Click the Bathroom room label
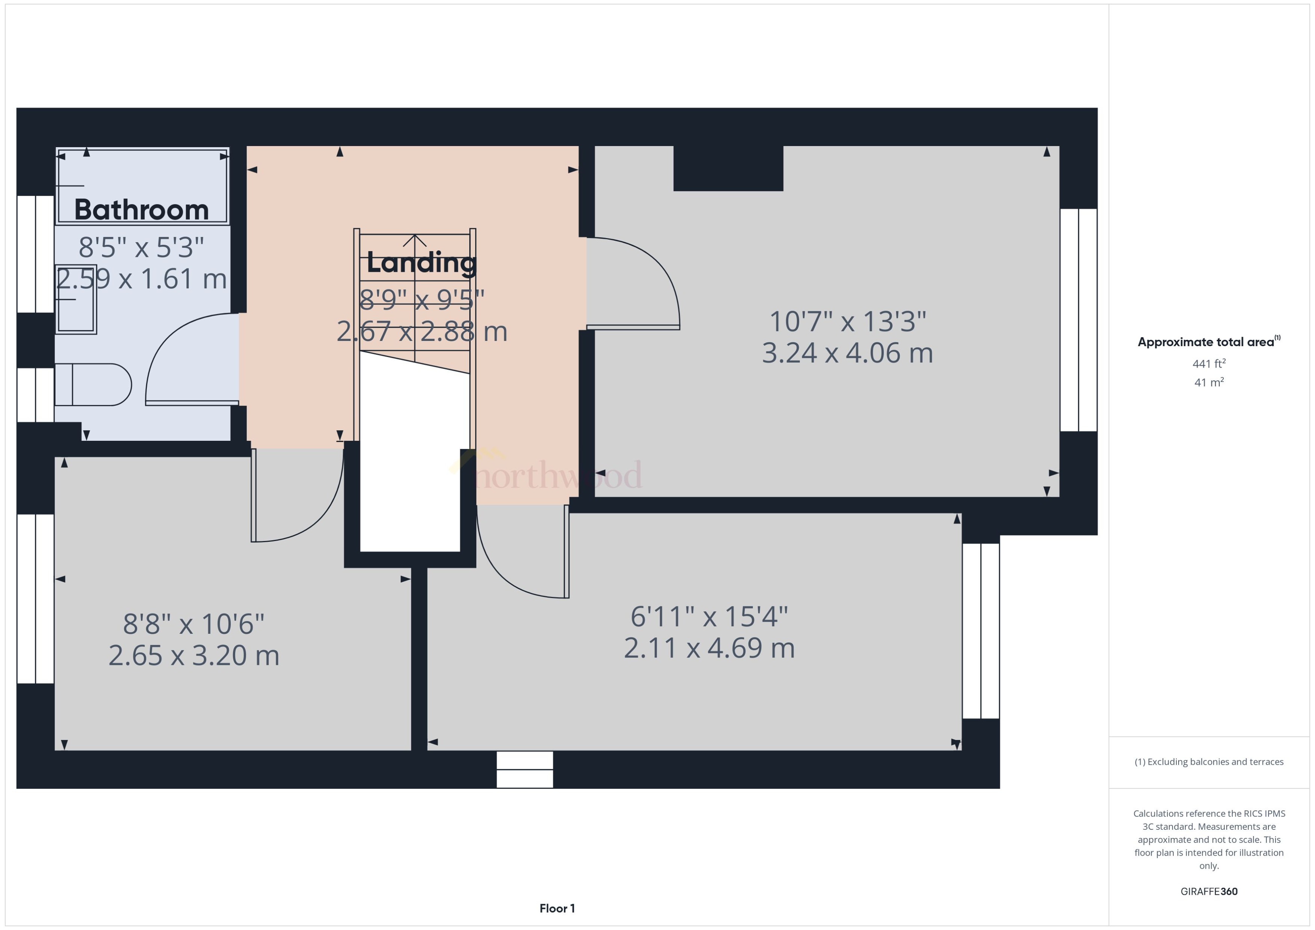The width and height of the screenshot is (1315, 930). coord(142,210)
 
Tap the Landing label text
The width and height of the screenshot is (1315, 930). coord(421,263)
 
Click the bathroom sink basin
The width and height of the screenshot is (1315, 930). coord(76,299)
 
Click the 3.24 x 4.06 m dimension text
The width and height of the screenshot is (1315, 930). coord(847,353)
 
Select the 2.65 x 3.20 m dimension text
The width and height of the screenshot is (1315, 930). coord(193,655)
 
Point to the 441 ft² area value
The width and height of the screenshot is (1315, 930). coord(1208,364)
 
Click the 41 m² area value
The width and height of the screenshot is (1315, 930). coord(1208,382)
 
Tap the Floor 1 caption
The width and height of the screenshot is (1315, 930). coord(557,908)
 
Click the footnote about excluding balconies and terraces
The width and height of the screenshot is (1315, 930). coord(1208,762)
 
